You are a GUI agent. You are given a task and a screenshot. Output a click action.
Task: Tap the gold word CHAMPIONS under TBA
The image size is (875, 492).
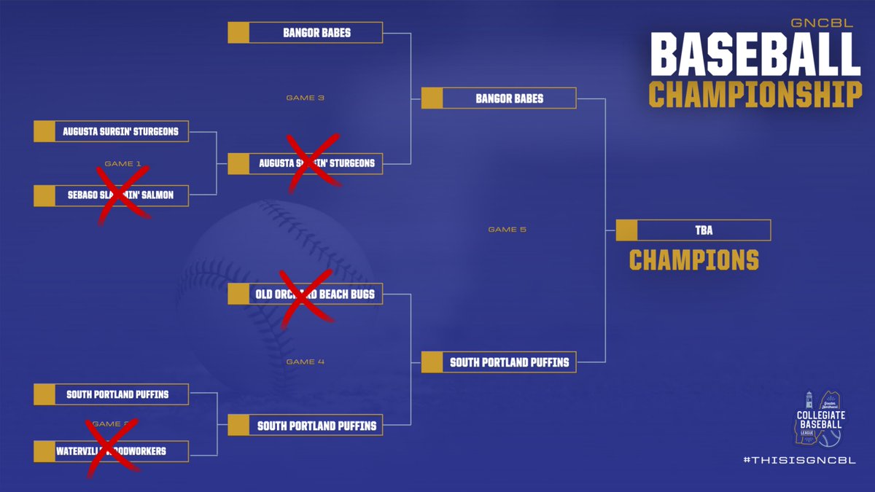[x=693, y=260]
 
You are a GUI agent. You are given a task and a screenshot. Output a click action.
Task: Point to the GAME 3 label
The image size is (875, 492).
[x=306, y=98]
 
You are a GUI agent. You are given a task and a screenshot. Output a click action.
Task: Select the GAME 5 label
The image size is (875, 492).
[x=507, y=230]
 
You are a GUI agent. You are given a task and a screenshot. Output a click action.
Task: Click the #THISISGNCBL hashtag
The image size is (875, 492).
[x=799, y=460]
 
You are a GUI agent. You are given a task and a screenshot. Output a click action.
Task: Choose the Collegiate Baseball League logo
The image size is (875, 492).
[x=818, y=418]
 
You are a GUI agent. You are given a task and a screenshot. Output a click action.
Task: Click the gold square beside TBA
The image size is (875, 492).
[x=627, y=230]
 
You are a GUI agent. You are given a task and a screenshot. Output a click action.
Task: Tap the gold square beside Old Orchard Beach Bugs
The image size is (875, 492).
[x=238, y=294]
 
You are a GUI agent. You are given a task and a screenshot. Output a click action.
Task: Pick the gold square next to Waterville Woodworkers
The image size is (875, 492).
[x=44, y=451]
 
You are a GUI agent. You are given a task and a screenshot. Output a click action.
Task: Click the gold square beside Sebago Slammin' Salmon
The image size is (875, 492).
[x=44, y=195]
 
